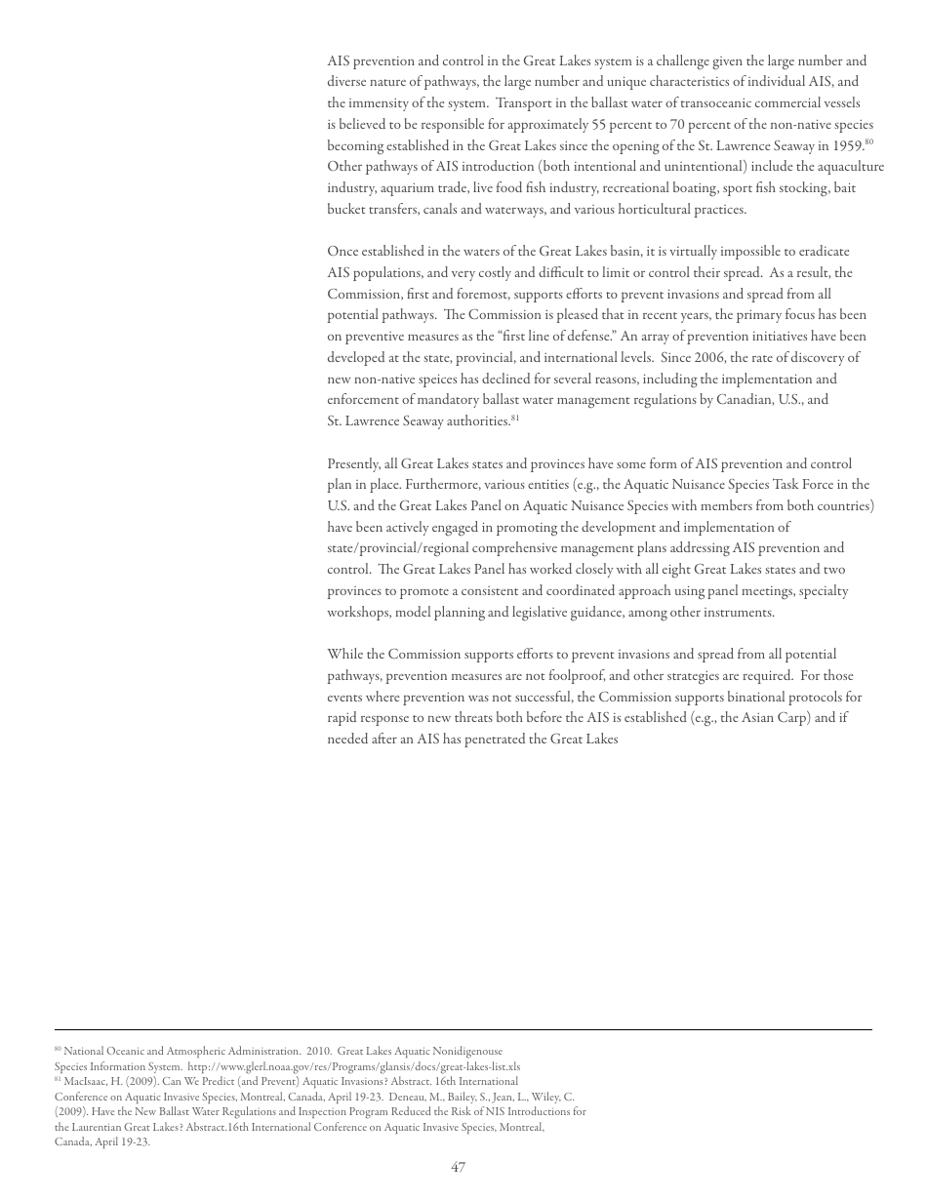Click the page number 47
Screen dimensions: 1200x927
tap(458, 1168)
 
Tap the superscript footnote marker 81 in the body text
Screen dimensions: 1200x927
tap(515, 419)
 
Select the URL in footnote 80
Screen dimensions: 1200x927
tap(353, 1066)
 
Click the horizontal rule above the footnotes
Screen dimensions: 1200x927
tap(463, 1029)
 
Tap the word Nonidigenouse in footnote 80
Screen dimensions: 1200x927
tap(464, 1051)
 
